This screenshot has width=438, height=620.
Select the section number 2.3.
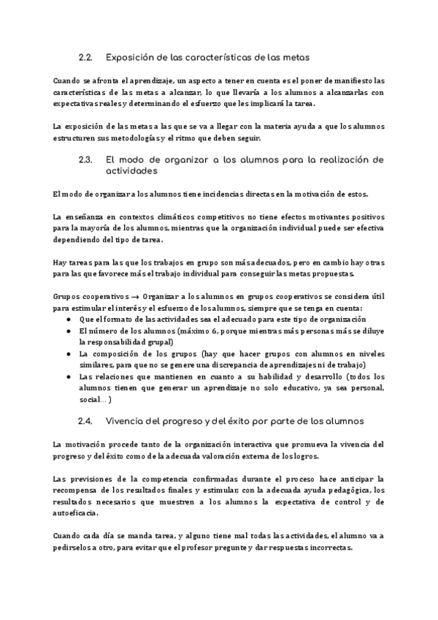point(85,159)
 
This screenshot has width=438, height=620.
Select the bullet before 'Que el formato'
point(68,320)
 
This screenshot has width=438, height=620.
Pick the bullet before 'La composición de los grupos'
point(68,353)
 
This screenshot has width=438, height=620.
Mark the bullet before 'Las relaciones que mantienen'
point(68,376)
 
